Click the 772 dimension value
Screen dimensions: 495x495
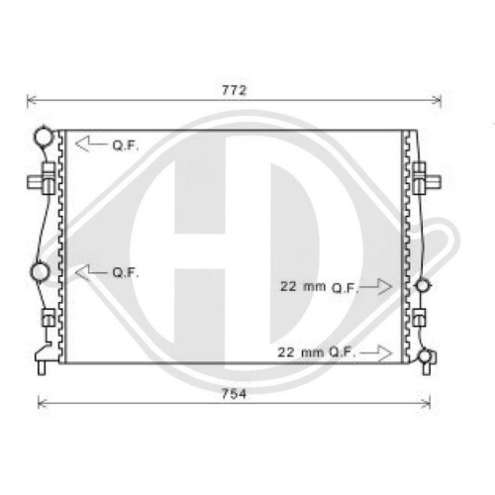(234, 90)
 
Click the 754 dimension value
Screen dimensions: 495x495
(234, 394)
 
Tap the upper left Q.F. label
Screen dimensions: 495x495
(126, 146)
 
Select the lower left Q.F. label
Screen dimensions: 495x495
(126, 272)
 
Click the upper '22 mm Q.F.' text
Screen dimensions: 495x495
(319, 287)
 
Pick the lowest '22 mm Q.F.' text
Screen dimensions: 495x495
(316, 352)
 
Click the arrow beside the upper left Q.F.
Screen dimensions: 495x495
(91, 144)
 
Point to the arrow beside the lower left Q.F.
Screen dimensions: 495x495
(91, 272)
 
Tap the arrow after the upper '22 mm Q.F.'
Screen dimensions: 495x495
(376, 286)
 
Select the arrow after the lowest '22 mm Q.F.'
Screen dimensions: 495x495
(376, 353)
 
